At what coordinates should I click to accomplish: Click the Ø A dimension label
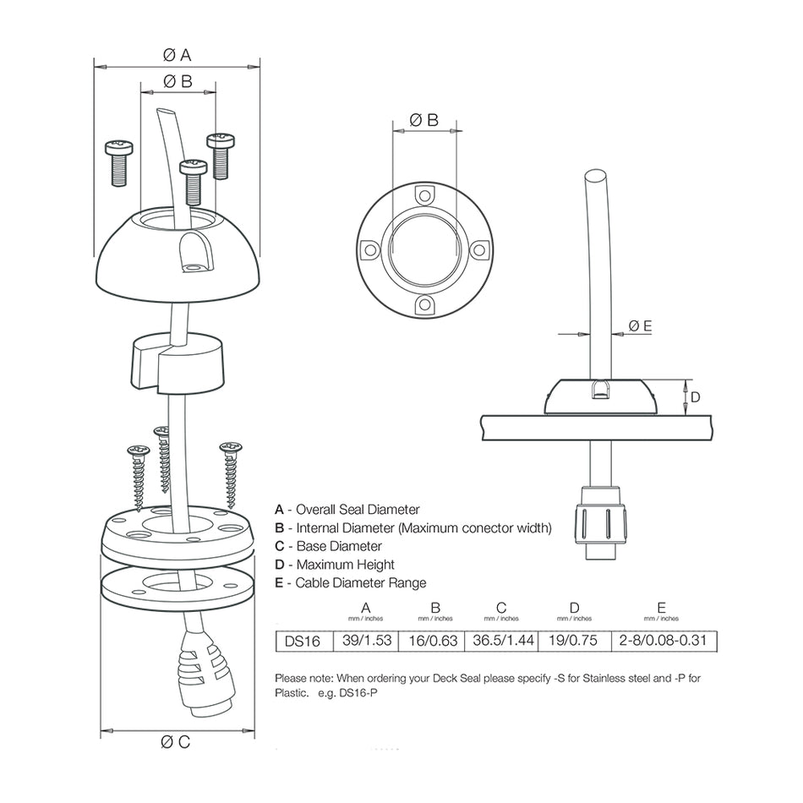[x=177, y=55]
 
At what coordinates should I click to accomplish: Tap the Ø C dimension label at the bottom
[x=177, y=742]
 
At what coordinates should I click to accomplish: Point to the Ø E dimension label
[x=640, y=325]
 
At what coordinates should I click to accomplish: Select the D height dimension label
[x=695, y=397]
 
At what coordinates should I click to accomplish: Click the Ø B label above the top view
[x=424, y=121]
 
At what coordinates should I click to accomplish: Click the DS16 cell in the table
[x=302, y=642]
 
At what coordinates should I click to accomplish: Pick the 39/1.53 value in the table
[x=366, y=641]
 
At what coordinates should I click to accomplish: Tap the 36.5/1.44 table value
[x=503, y=641]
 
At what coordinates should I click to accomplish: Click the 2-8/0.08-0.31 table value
[x=662, y=641]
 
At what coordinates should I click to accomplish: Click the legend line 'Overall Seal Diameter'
[x=347, y=510]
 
